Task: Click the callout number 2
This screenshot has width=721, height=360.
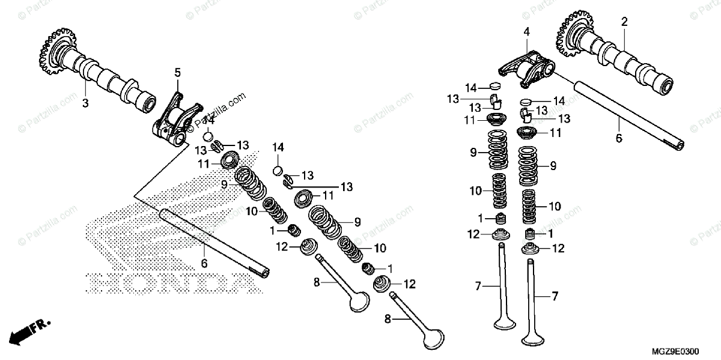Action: (624, 22)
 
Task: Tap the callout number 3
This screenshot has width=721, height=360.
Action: (85, 103)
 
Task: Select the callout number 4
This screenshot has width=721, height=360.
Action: (526, 31)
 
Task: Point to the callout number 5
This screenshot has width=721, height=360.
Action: (177, 73)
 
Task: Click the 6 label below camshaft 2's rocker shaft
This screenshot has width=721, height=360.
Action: (619, 139)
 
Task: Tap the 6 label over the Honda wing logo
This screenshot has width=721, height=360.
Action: (204, 263)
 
